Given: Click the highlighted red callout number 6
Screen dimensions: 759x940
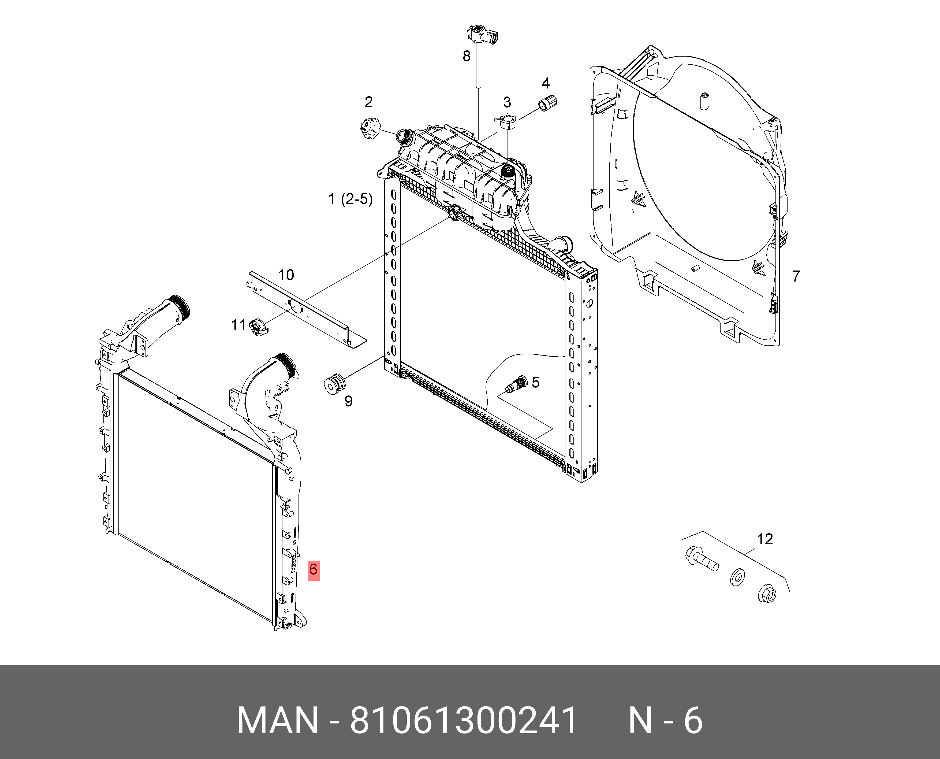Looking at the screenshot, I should tap(313, 570).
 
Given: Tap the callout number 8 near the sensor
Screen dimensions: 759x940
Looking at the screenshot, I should tap(467, 56).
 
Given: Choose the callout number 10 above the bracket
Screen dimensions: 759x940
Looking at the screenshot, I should tap(286, 275).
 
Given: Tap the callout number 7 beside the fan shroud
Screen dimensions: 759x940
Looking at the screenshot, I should tap(796, 276).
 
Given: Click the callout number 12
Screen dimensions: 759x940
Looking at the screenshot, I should tap(765, 539).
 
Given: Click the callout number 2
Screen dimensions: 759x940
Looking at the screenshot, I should tap(368, 102).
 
